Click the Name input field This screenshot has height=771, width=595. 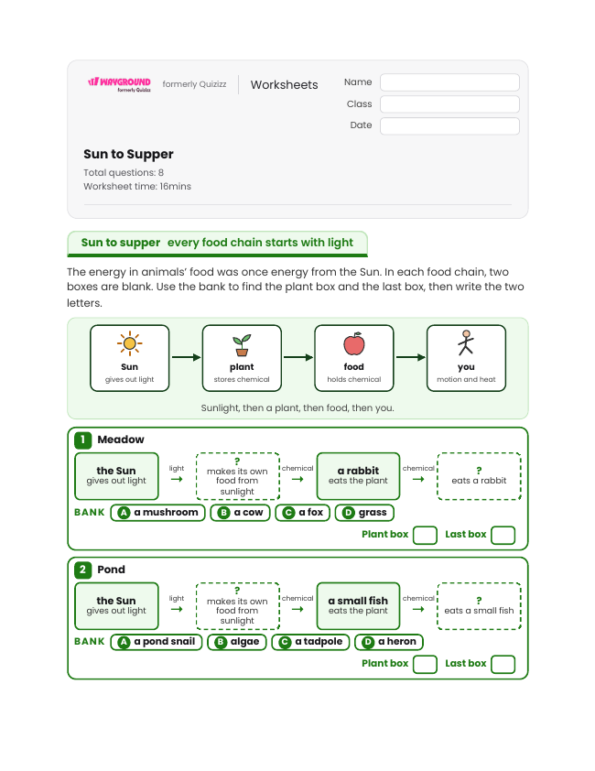[449, 82]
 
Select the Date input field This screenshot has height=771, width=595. [449, 125]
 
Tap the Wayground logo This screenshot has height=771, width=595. [119, 84]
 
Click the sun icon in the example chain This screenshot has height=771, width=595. [130, 342]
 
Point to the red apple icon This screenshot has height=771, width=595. [354, 343]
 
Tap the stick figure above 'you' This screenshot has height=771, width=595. [466, 342]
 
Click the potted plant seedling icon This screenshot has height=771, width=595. [242, 344]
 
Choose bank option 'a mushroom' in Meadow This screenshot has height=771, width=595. [157, 513]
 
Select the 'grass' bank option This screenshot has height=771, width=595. [364, 513]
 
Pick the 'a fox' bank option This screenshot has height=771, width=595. [302, 513]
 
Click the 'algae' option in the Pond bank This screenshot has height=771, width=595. [237, 642]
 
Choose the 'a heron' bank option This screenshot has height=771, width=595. [389, 642]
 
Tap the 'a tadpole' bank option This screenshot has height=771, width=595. [310, 642]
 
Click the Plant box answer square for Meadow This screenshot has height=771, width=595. [426, 535]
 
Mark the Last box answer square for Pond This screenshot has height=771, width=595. [503, 664]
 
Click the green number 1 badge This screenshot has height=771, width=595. [83, 440]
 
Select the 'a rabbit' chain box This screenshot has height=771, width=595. [358, 475]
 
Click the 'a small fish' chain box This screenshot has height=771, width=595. [358, 606]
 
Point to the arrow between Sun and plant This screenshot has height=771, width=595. [186, 357]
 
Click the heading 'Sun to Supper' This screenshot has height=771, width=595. [128, 154]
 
